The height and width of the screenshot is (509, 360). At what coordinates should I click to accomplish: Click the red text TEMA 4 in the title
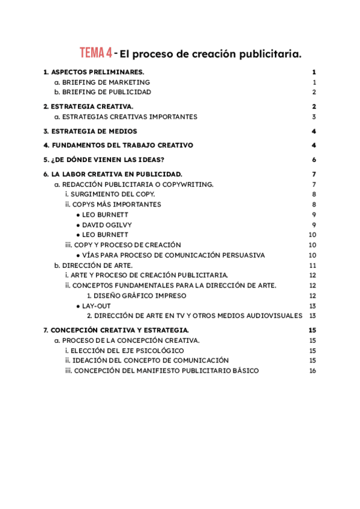[x=96, y=53]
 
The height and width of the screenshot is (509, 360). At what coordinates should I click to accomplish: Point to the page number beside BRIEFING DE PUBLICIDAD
[x=314, y=92]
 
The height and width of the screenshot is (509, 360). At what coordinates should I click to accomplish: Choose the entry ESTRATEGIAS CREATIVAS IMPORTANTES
[x=130, y=117]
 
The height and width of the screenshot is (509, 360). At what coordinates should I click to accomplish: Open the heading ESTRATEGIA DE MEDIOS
[x=94, y=131]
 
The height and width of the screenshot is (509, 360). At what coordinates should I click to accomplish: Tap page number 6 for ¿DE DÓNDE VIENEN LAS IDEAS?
[x=314, y=160]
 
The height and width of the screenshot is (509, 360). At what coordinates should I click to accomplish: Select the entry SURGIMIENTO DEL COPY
[x=113, y=194]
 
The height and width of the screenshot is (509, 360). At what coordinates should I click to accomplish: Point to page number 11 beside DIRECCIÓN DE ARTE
[x=313, y=265]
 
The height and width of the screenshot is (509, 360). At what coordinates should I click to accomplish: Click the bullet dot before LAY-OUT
[x=78, y=306]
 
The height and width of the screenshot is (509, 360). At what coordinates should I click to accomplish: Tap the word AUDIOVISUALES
[x=273, y=316]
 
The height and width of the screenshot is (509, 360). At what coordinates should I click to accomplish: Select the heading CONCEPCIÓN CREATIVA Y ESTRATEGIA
[x=120, y=330]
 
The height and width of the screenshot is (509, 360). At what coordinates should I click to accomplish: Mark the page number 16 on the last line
[x=313, y=371]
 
